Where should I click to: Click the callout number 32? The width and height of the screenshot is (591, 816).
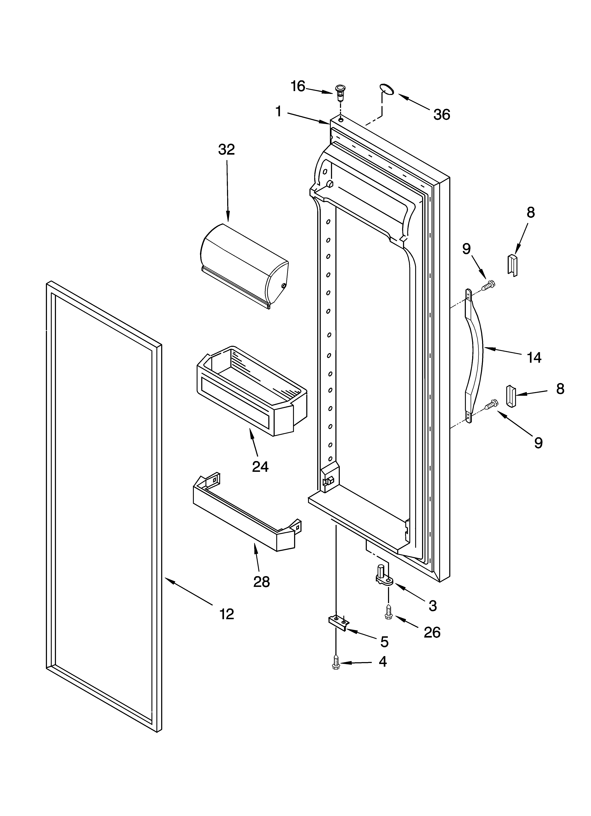pyautogui.click(x=226, y=149)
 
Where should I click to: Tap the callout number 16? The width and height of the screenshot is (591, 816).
pyautogui.click(x=298, y=86)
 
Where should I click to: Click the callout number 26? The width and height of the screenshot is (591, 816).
pyautogui.click(x=432, y=632)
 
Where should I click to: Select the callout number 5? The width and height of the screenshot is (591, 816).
pyautogui.click(x=384, y=641)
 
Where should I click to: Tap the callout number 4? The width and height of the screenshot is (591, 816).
pyautogui.click(x=383, y=661)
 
